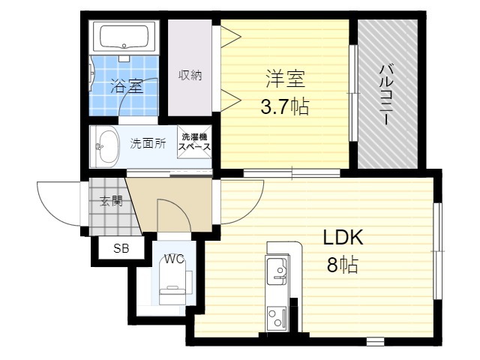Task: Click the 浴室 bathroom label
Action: tap(127, 85)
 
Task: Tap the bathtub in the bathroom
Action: tap(124, 37)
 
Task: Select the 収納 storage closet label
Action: tap(190, 75)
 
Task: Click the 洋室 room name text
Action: tap(285, 79)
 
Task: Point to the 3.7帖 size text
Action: tap(285, 106)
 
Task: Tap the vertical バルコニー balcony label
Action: tap(386, 94)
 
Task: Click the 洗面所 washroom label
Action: tap(148, 143)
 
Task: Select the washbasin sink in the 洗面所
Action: tap(106, 147)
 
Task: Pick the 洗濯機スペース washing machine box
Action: tap(194, 142)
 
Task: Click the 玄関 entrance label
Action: tap(112, 201)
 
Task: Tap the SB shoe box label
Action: tap(121, 248)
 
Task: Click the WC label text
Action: tap(174, 259)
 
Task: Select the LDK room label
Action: tap(343, 237)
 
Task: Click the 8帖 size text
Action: tap(343, 265)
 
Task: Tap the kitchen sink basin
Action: tap(277, 271)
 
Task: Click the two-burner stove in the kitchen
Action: tap(277, 319)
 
